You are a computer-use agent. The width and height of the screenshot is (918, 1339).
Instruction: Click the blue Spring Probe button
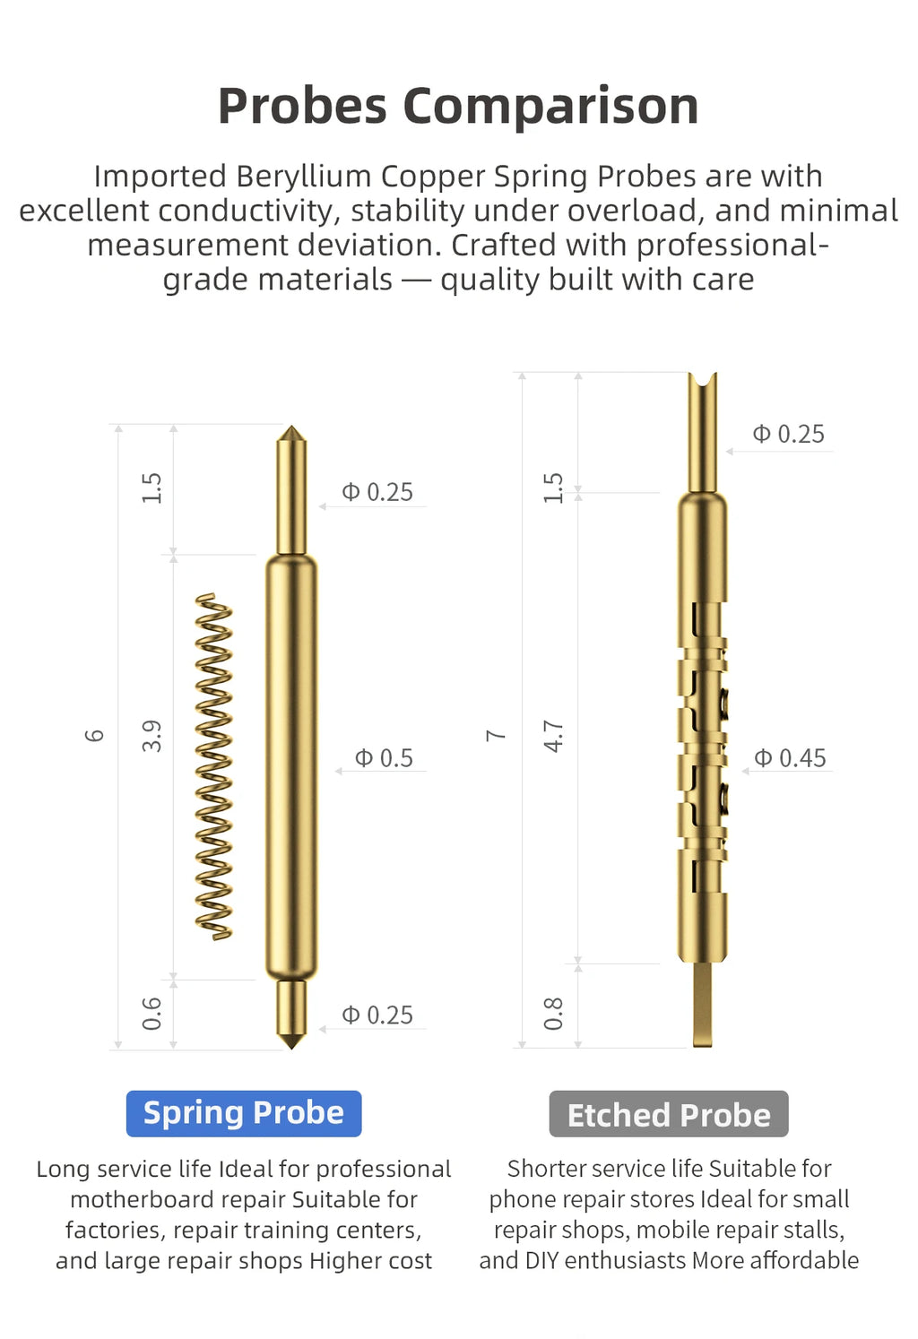pos(244,1113)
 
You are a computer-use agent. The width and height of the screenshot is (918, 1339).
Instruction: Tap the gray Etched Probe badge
pos(669,1114)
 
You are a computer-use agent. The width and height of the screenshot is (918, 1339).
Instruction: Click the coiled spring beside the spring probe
pos(213,767)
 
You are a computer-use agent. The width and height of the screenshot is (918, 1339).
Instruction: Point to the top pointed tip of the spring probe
pos(291,427)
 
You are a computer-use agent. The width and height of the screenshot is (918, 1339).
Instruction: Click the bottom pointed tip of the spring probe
pos(291,1048)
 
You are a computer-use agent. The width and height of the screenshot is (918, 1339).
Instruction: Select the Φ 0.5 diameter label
pos(384,758)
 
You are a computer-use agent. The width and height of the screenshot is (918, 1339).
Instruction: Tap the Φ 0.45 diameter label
pos(790,758)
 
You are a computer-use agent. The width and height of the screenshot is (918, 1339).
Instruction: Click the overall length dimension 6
pos(94,735)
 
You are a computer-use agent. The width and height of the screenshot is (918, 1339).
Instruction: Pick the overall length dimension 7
pos(496,735)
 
